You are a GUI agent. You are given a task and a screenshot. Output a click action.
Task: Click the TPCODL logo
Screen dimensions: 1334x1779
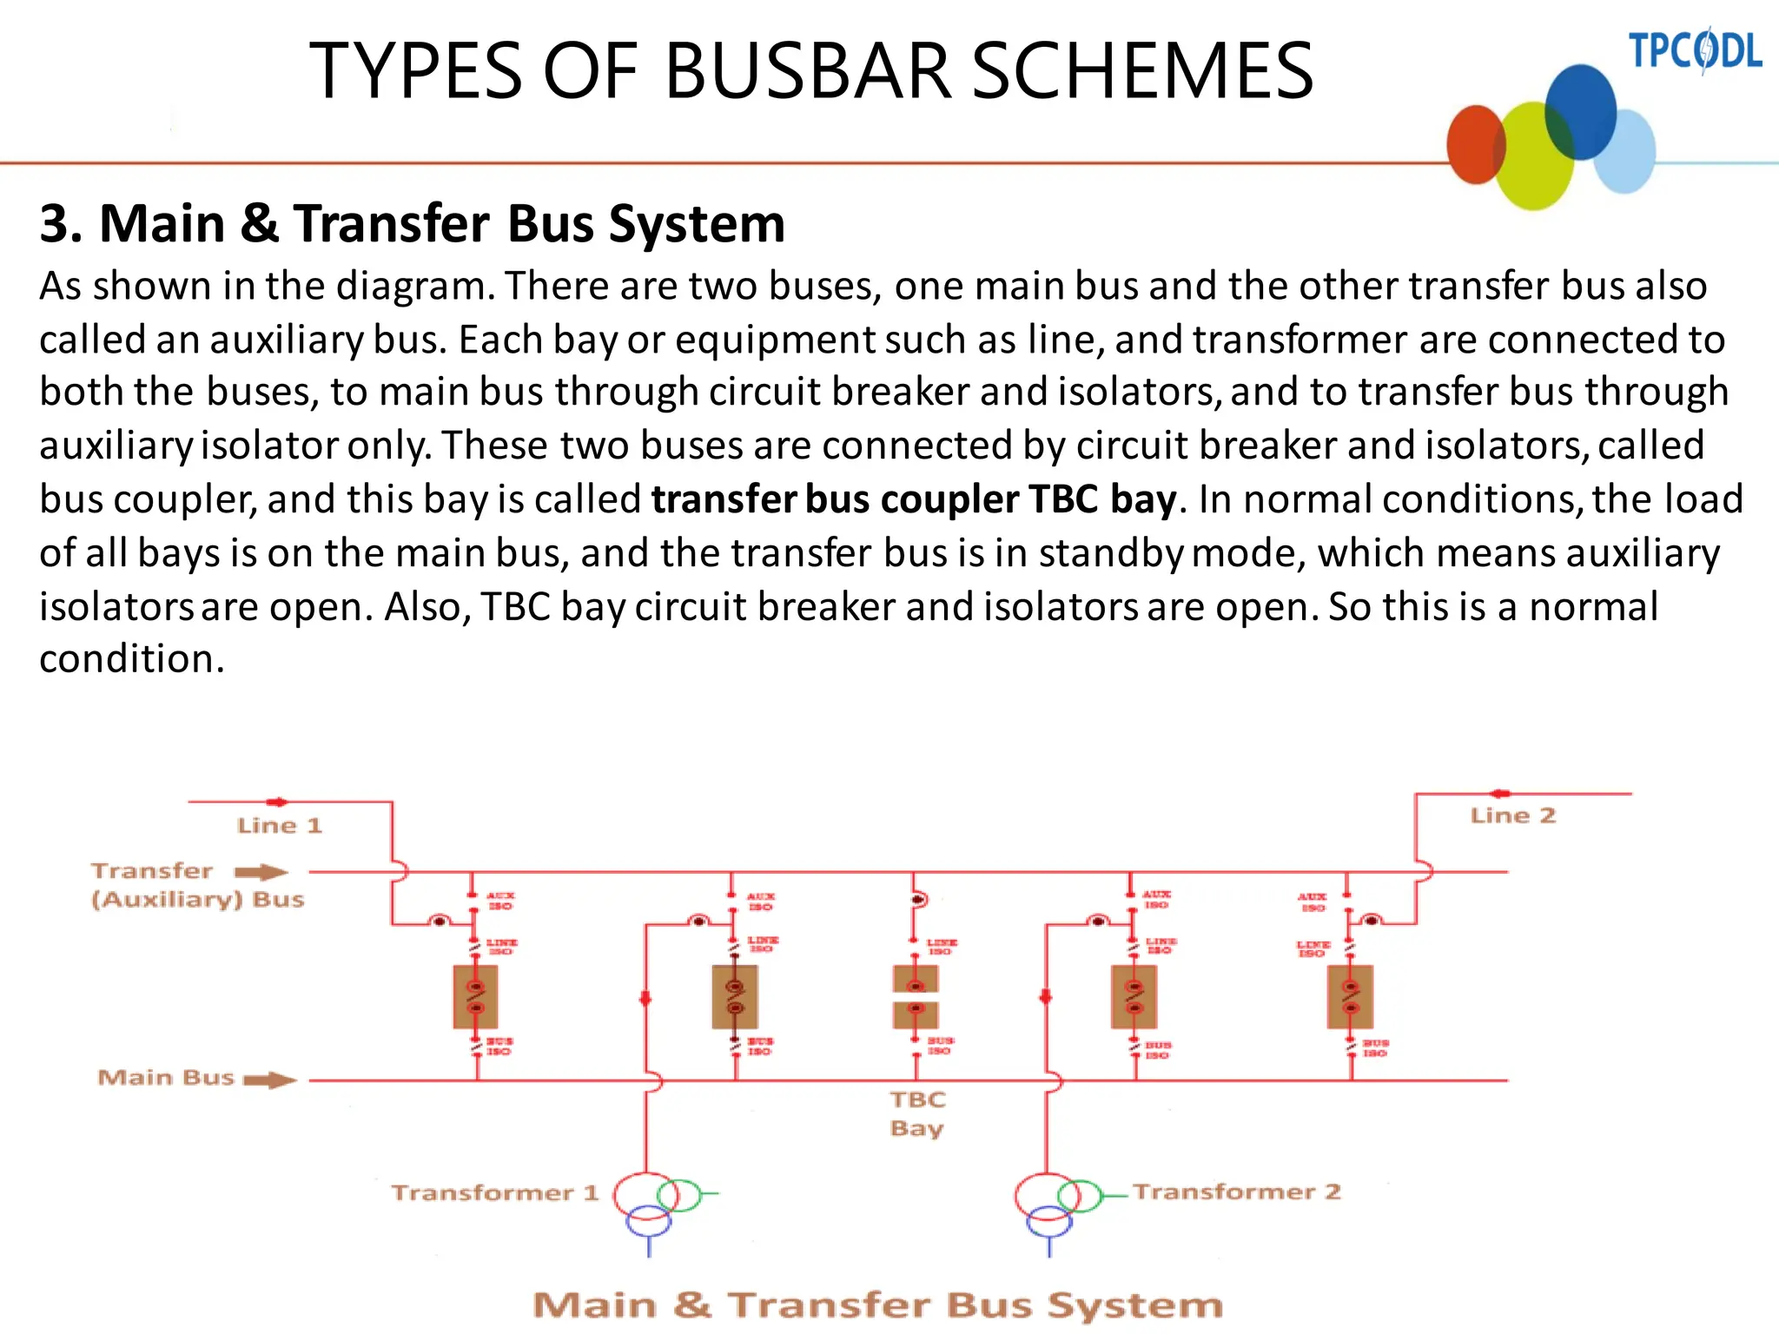(1694, 50)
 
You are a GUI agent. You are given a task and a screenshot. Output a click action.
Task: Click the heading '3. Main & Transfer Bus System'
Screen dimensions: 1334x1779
(412, 223)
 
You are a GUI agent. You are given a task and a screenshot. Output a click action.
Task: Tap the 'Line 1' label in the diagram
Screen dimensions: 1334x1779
(279, 825)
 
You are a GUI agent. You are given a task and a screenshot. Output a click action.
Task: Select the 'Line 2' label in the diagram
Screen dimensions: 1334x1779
(1512, 816)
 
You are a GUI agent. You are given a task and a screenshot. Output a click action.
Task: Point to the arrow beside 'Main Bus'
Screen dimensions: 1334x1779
(270, 1080)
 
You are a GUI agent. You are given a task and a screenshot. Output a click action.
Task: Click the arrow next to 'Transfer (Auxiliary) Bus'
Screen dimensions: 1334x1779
(261, 872)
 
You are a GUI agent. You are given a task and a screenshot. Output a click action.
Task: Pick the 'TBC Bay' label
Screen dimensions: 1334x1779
(917, 1113)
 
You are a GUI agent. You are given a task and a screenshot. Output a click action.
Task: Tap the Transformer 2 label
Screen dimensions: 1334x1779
(1236, 1192)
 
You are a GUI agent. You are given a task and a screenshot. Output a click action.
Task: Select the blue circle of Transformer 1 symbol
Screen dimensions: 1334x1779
(649, 1220)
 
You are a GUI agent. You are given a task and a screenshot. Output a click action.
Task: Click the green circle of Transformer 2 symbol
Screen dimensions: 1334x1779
(1080, 1195)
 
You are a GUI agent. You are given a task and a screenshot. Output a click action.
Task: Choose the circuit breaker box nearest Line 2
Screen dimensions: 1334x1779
(1350, 997)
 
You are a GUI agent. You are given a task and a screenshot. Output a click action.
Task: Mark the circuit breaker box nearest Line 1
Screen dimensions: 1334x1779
(475, 997)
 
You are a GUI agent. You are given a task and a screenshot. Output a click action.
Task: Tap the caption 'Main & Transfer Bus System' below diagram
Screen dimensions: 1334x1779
(877, 1305)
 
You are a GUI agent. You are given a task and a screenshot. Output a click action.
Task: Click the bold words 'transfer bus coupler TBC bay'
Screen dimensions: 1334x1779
(914, 499)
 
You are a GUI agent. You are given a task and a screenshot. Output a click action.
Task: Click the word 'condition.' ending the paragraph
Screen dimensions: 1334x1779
(132, 659)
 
